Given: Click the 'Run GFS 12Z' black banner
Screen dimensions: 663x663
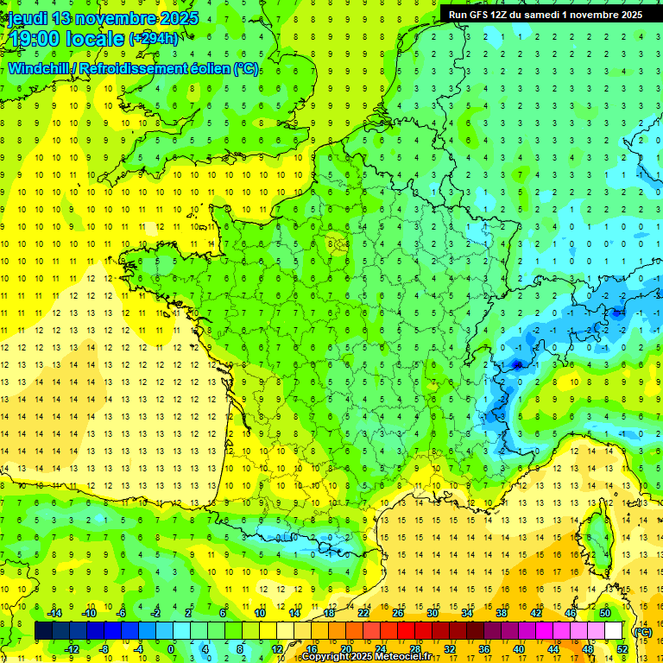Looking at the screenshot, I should coord(544,14).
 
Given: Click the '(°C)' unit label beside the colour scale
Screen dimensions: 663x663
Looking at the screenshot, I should coord(642,632).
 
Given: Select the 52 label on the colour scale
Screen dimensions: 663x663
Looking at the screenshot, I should coord(622,649).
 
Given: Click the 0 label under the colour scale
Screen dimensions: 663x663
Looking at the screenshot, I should coord(170,649).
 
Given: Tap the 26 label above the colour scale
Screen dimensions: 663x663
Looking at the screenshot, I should coord(398,613).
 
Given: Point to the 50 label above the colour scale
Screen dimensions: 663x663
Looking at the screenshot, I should coord(604,613).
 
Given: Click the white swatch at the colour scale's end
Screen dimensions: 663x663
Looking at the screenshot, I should coord(614,631).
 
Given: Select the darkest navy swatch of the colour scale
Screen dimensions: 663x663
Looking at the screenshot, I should coord(43,631).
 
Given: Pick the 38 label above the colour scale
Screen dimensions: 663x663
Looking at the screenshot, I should coord(501,613).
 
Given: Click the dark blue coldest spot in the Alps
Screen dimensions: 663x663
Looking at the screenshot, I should coord(517,364).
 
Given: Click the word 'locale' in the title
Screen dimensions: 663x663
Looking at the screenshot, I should coord(94,39).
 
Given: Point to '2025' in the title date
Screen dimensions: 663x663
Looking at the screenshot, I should coord(179,18).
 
